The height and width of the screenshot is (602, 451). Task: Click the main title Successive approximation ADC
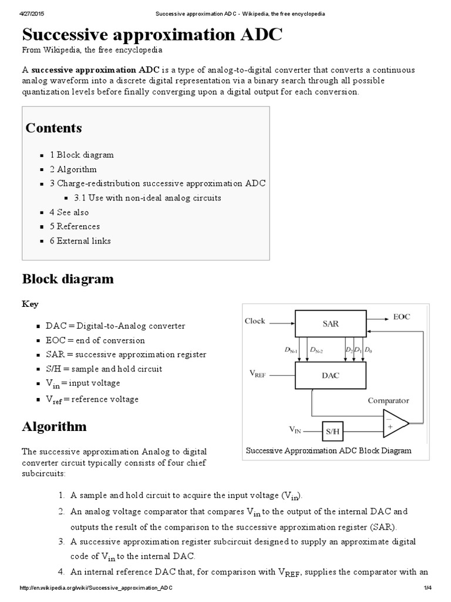click(152, 35)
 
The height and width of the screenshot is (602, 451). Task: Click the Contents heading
click(53, 128)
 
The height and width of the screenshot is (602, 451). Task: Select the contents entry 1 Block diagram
click(82, 155)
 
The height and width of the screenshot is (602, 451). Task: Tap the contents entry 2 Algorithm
click(73, 169)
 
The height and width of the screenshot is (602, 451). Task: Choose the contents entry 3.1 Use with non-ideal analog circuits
click(147, 198)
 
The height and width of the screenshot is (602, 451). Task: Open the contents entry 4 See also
click(69, 212)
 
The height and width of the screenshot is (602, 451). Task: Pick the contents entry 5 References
click(75, 226)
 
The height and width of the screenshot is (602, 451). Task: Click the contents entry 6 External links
click(80, 241)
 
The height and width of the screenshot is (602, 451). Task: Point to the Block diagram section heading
click(68, 279)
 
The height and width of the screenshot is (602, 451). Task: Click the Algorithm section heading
click(54, 426)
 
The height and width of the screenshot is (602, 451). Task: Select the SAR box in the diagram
click(330, 324)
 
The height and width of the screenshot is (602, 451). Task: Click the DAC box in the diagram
click(330, 374)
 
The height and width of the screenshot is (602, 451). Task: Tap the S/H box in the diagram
click(332, 432)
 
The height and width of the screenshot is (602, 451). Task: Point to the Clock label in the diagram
click(255, 321)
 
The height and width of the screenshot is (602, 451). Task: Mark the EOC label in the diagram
click(402, 317)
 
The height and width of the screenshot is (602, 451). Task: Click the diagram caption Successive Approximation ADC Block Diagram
click(328, 451)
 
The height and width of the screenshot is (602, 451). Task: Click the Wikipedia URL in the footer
click(96, 588)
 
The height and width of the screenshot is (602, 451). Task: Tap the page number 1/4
click(427, 588)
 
